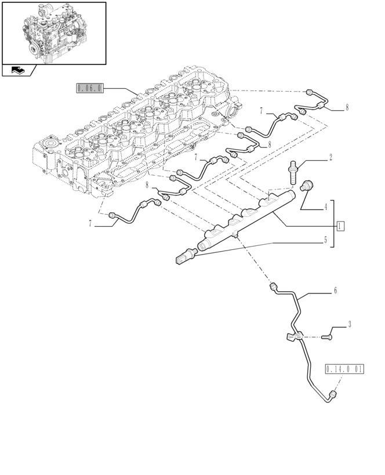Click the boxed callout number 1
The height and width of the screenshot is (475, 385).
341,225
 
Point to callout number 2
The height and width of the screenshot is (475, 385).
330,157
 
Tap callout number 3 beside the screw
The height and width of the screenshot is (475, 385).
349,325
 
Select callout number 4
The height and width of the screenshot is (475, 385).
326,206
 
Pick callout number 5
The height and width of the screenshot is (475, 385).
326,239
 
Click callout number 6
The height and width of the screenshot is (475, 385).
335,291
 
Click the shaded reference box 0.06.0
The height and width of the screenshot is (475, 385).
90,88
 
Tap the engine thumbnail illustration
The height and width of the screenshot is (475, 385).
53,32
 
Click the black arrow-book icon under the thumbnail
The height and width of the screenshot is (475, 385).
18,71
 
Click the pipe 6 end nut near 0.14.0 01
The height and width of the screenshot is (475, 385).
332,395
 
